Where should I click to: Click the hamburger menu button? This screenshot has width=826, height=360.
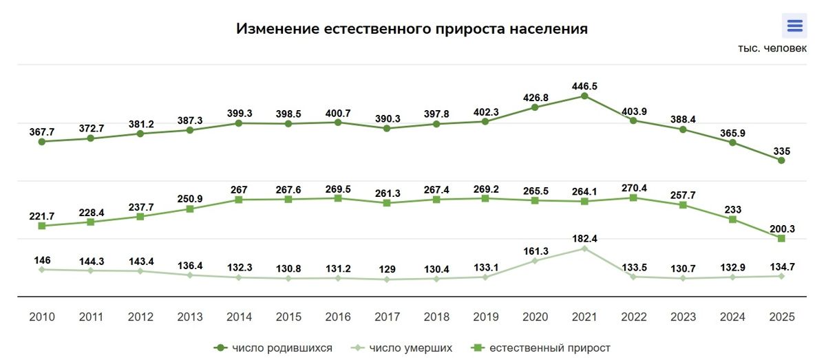coord(794,26)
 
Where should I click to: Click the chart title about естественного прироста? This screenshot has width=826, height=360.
coord(412,29)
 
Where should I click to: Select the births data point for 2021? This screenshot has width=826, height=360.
coord(584,96)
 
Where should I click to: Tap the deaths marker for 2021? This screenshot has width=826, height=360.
coord(584,248)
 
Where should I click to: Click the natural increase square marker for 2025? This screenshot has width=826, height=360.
coord(781,238)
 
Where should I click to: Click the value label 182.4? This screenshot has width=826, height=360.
coord(584,238)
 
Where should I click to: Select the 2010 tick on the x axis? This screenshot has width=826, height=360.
coord(42,317)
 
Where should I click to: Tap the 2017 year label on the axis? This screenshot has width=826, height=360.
coord(387,317)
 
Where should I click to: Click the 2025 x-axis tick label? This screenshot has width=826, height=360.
coord(781,317)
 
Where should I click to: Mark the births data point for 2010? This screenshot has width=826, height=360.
coord(42,142)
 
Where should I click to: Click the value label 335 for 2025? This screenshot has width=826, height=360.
coord(781,150)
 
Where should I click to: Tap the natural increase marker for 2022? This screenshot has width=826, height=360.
coord(633,198)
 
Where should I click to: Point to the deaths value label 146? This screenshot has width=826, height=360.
coord(42,260)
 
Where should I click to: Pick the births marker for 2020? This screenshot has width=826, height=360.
coord(535,107)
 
